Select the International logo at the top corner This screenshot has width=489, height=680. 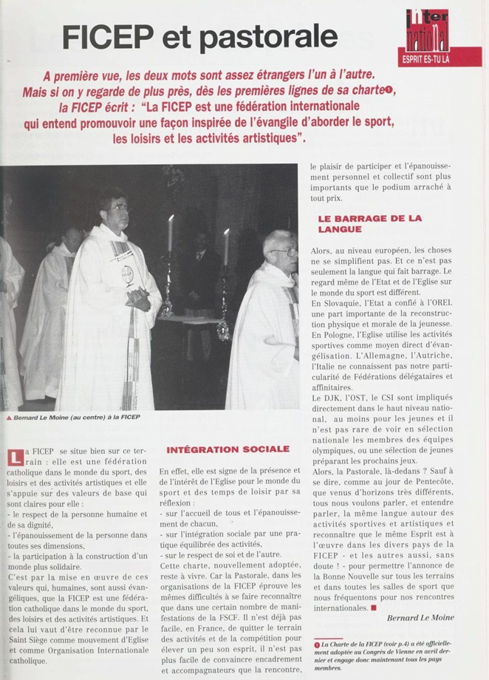[428, 30]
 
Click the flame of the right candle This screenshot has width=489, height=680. [226, 234]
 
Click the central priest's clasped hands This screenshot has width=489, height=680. [137, 299]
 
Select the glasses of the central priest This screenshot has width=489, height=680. [118, 209]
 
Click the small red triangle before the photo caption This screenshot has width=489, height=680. [9, 418]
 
